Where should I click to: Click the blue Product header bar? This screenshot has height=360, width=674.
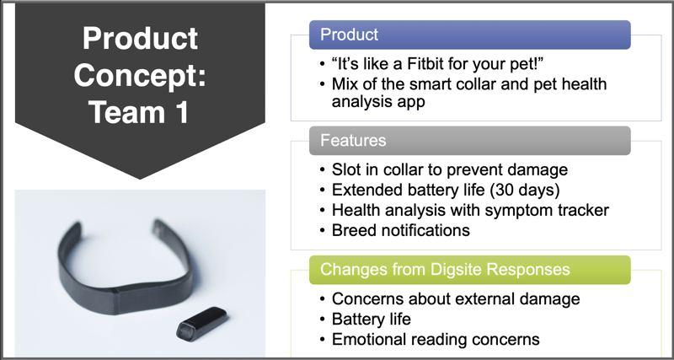pyautogui.click(x=470, y=35)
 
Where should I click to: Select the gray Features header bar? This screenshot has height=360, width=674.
pyautogui.click(x=470, y=141)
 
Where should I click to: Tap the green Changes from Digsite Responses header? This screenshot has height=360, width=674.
pyautogui.click(x=470, y=270)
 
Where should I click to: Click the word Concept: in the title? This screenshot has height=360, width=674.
pyautogui.click(x=140, y=75)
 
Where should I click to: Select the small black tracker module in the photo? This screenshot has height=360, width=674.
pyautogui.click(x=201, y=324)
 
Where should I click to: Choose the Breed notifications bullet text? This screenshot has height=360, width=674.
pyautogui.click(x=401, y=230)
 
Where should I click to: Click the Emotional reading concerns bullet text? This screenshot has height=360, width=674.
pyautogui.click(x=436, y=340)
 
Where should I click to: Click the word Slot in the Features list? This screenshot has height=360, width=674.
pyautogui.click(x=345, y=169)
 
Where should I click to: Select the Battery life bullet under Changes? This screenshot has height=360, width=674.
pyautogui.click(x=372, y=320)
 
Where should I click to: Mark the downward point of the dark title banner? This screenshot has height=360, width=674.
pyautogui.click(x=140, y=179)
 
